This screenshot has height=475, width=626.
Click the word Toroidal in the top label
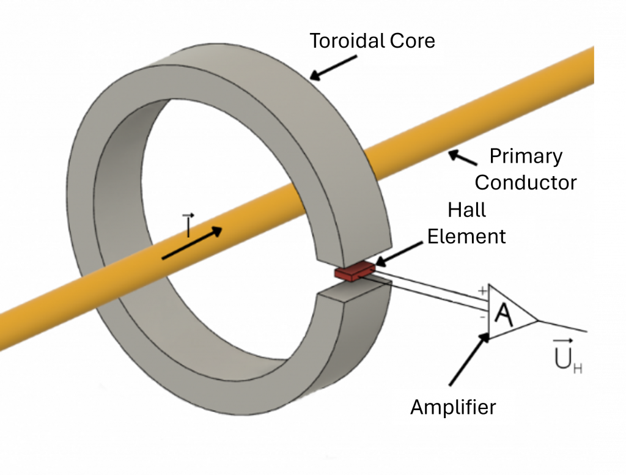pos(347,41)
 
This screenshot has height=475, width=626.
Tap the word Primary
pos(526,156)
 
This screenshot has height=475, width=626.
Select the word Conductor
pos(526,182)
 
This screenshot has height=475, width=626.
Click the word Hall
pos(467,210)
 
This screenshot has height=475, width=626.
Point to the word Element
pos(466,236)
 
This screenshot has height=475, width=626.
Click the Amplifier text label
pos(453,407)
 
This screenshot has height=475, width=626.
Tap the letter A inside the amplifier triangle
pos(503,315)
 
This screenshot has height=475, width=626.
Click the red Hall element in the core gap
pos(355,271)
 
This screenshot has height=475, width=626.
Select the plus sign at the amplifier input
pos(482,291)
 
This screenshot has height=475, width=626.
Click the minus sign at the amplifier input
pos(482,317)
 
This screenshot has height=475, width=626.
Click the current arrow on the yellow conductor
pos(192,244)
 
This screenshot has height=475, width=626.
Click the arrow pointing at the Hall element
pos(397,253)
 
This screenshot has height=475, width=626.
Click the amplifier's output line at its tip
pos(586,331)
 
